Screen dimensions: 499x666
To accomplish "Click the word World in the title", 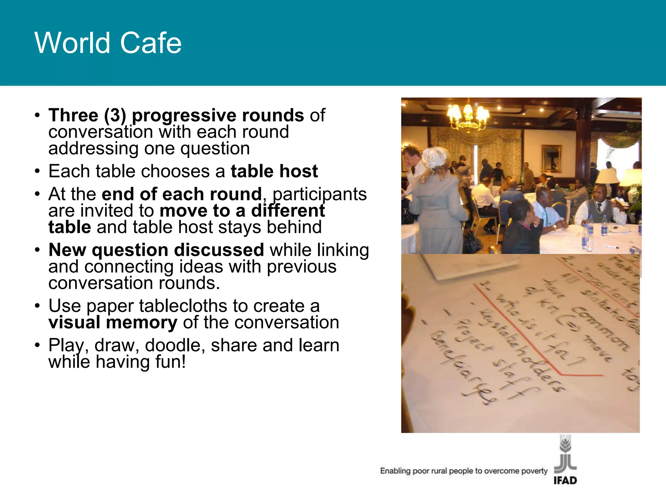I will point(72,43).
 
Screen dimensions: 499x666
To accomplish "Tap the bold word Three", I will point(73,115).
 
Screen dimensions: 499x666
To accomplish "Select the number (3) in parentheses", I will point(115,116).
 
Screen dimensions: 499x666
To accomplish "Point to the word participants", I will point(320,194).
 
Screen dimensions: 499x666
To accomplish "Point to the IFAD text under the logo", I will point(565,480).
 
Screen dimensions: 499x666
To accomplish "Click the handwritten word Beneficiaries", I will point(463,367).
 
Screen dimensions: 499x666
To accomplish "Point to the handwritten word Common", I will point(598,328).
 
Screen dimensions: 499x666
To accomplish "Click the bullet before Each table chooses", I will point(38,171).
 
